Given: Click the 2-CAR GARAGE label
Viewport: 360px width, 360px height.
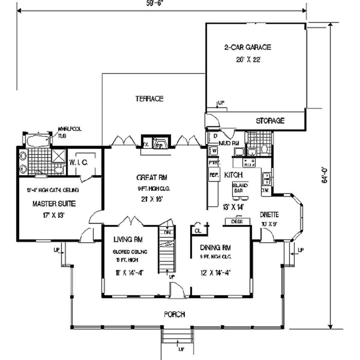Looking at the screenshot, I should tap(248, 47).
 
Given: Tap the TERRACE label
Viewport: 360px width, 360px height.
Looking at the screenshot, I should tap(149, 99).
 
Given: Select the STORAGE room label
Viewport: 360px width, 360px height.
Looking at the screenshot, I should tap(270, 121).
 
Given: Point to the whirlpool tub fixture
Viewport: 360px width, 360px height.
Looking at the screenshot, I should tap(38, 141).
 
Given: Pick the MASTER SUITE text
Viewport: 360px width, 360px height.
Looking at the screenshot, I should tap(54, 204).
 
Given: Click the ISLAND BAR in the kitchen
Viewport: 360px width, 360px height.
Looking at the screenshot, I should tap(240, 188).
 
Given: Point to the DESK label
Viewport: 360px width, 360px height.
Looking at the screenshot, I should tap(238, 221).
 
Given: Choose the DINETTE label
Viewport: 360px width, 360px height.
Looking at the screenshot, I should tap(269, 215).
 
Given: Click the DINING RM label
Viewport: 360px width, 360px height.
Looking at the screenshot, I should tap(215, 247).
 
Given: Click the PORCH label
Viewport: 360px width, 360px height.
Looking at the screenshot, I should tap(174, 314).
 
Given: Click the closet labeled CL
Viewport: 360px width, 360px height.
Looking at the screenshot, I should tap(198, 230).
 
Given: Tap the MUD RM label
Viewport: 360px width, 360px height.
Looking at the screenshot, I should tap(229, 143).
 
